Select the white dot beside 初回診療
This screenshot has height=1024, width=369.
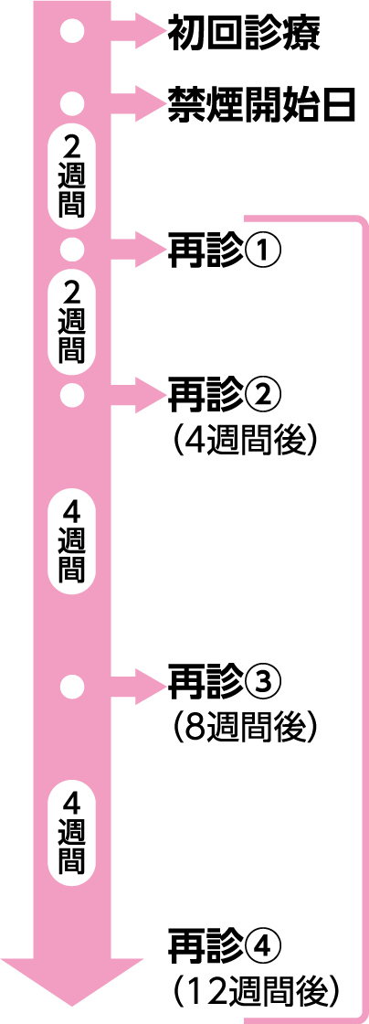pos(72,33)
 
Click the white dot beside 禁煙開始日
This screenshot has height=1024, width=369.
pos(72,103)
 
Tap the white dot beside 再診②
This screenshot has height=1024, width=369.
pos(72,394)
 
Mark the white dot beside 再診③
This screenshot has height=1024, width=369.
pos(72,686)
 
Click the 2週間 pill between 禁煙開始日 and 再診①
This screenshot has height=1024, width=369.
pos(72,177)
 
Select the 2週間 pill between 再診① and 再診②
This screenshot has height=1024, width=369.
pos(72,322)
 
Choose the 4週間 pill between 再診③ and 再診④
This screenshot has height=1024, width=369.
pos(72,832)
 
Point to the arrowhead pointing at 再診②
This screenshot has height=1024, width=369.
pos(149,394)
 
